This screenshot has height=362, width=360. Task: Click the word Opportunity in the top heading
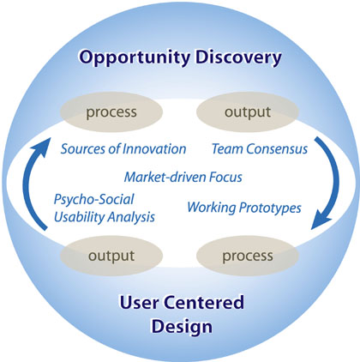(x=135, y=58)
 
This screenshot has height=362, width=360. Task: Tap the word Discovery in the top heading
(x=238, y=57)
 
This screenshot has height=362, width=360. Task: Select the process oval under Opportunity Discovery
(x=111, y=112)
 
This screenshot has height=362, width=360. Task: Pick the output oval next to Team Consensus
(x=248, y=112)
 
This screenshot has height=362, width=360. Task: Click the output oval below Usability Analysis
(x=111, y=256)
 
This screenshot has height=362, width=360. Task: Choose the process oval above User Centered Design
(x=248, y=256)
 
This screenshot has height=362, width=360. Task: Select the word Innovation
(x=154, y=149)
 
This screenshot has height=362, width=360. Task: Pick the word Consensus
(x=277, y=149)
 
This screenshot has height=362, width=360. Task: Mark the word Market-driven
(x=165, y=178)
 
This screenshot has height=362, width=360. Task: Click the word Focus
(x=225, y=178)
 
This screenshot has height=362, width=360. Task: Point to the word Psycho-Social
(x=94, y=200)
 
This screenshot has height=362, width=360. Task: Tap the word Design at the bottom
(x=182, y=327)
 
